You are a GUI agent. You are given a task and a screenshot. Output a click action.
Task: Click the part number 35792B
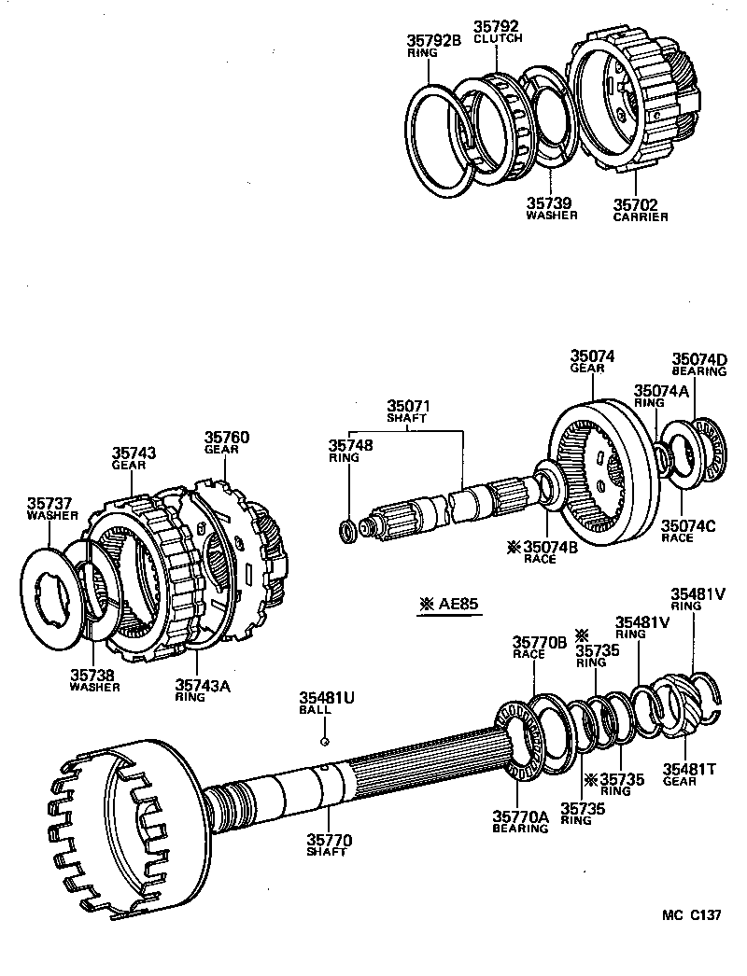(433, 40)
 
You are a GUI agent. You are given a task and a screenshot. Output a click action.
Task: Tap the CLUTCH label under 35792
(498, 39)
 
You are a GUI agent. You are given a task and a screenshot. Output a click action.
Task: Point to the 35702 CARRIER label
(641, 216)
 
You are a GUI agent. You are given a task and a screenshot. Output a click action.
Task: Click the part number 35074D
(699, 358)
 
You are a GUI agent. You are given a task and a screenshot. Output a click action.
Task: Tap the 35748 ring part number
(350, 445)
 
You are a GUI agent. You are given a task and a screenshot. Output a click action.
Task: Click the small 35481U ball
(322, 742)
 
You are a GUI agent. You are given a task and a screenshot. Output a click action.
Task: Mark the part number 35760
(227, 437)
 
